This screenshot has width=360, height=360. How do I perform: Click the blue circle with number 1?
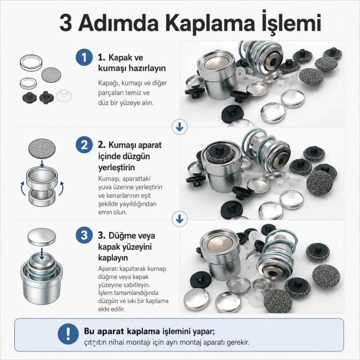point(84,57)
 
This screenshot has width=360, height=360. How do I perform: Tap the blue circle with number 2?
point(84,145)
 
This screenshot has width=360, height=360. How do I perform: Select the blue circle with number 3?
point(84,235)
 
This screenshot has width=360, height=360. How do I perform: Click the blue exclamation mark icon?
point(68,334)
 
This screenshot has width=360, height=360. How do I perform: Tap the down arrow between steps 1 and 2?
point(179,127)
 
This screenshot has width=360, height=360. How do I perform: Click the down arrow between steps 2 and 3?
point(179,219)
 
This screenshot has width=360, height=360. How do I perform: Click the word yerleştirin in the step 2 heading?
point(117,167)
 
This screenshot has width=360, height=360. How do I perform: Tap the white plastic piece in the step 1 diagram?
point(64,96)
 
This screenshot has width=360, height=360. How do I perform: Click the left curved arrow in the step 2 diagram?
point(23,188)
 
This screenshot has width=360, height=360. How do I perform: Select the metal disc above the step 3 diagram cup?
point(42,237)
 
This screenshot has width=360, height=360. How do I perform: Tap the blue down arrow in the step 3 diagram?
point(42,253)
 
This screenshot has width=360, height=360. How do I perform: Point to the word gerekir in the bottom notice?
point(238,342)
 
